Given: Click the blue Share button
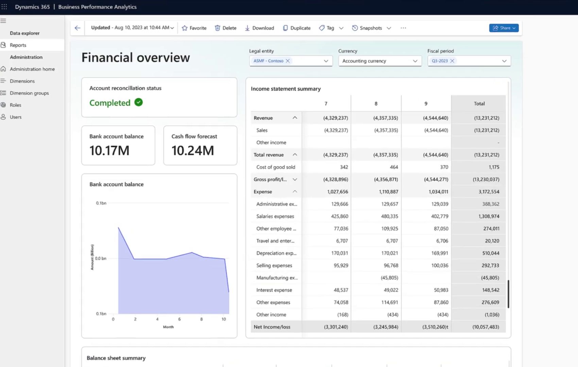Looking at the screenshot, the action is pos(504,28).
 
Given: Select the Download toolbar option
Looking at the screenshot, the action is pos(259,28).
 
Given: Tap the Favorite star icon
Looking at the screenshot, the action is pos(185,28).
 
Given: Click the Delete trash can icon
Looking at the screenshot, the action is pos(218,28).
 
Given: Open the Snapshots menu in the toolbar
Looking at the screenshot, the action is pos(371,28).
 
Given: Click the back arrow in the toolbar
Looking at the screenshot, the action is pos(78,28).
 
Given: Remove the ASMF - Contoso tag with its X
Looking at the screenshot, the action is pos(288,61).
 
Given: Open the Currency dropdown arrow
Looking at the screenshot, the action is pos(415,61).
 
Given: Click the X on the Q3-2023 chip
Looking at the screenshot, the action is pos(452,61).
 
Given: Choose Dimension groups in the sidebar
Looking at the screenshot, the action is pos(29,93).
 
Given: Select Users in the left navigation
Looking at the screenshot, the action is pos(16,117).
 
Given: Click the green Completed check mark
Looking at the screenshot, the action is pos(139,102).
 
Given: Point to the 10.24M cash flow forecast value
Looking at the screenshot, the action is pos(193,150).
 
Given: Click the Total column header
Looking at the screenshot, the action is pos(479,103).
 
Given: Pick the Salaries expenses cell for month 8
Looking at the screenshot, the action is pos(389,216).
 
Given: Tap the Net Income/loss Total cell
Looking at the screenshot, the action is pos(486,327).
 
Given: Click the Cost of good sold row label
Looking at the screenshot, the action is pos(276,167).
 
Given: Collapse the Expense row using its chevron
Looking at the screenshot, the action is pos(295,192).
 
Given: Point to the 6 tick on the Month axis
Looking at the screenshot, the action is pos(179,319).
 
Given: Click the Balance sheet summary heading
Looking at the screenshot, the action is pos(116,358).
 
